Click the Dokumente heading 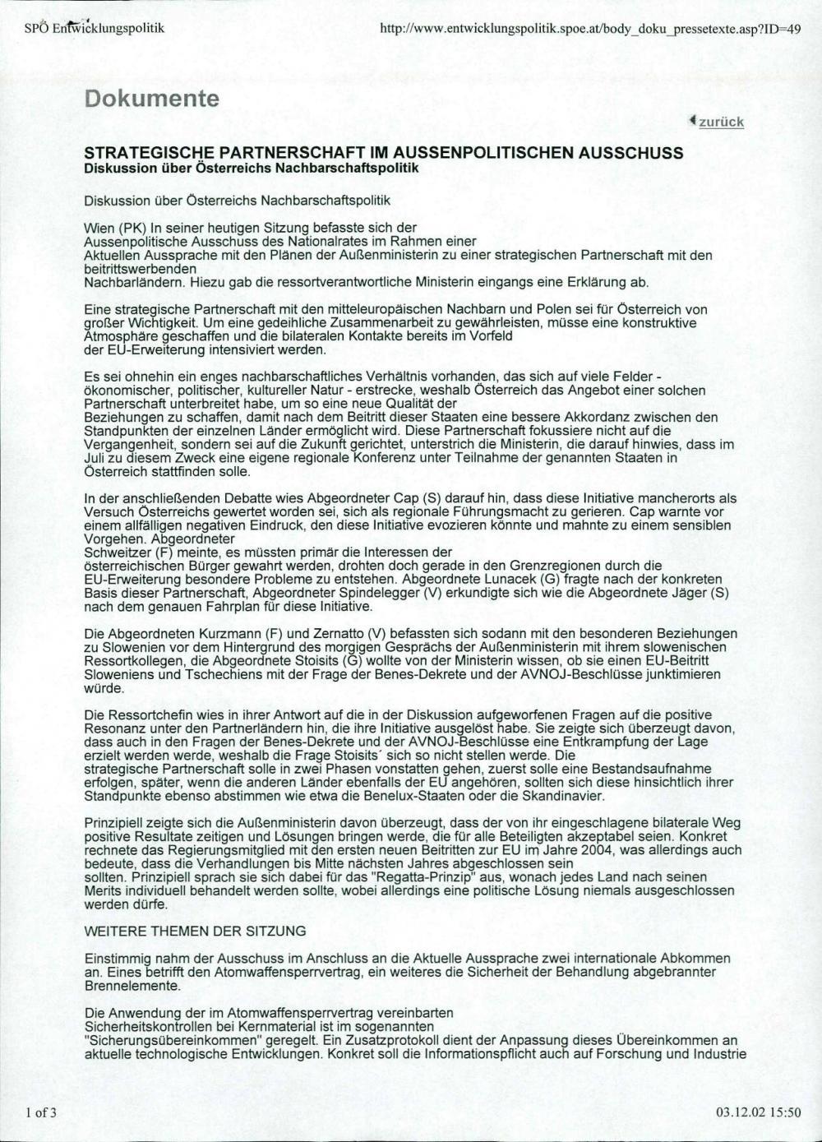[151, 99]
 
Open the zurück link [721, 123]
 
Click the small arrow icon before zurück [693, 121]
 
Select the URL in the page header [591, 29]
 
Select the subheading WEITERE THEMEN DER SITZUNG [195, 931]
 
